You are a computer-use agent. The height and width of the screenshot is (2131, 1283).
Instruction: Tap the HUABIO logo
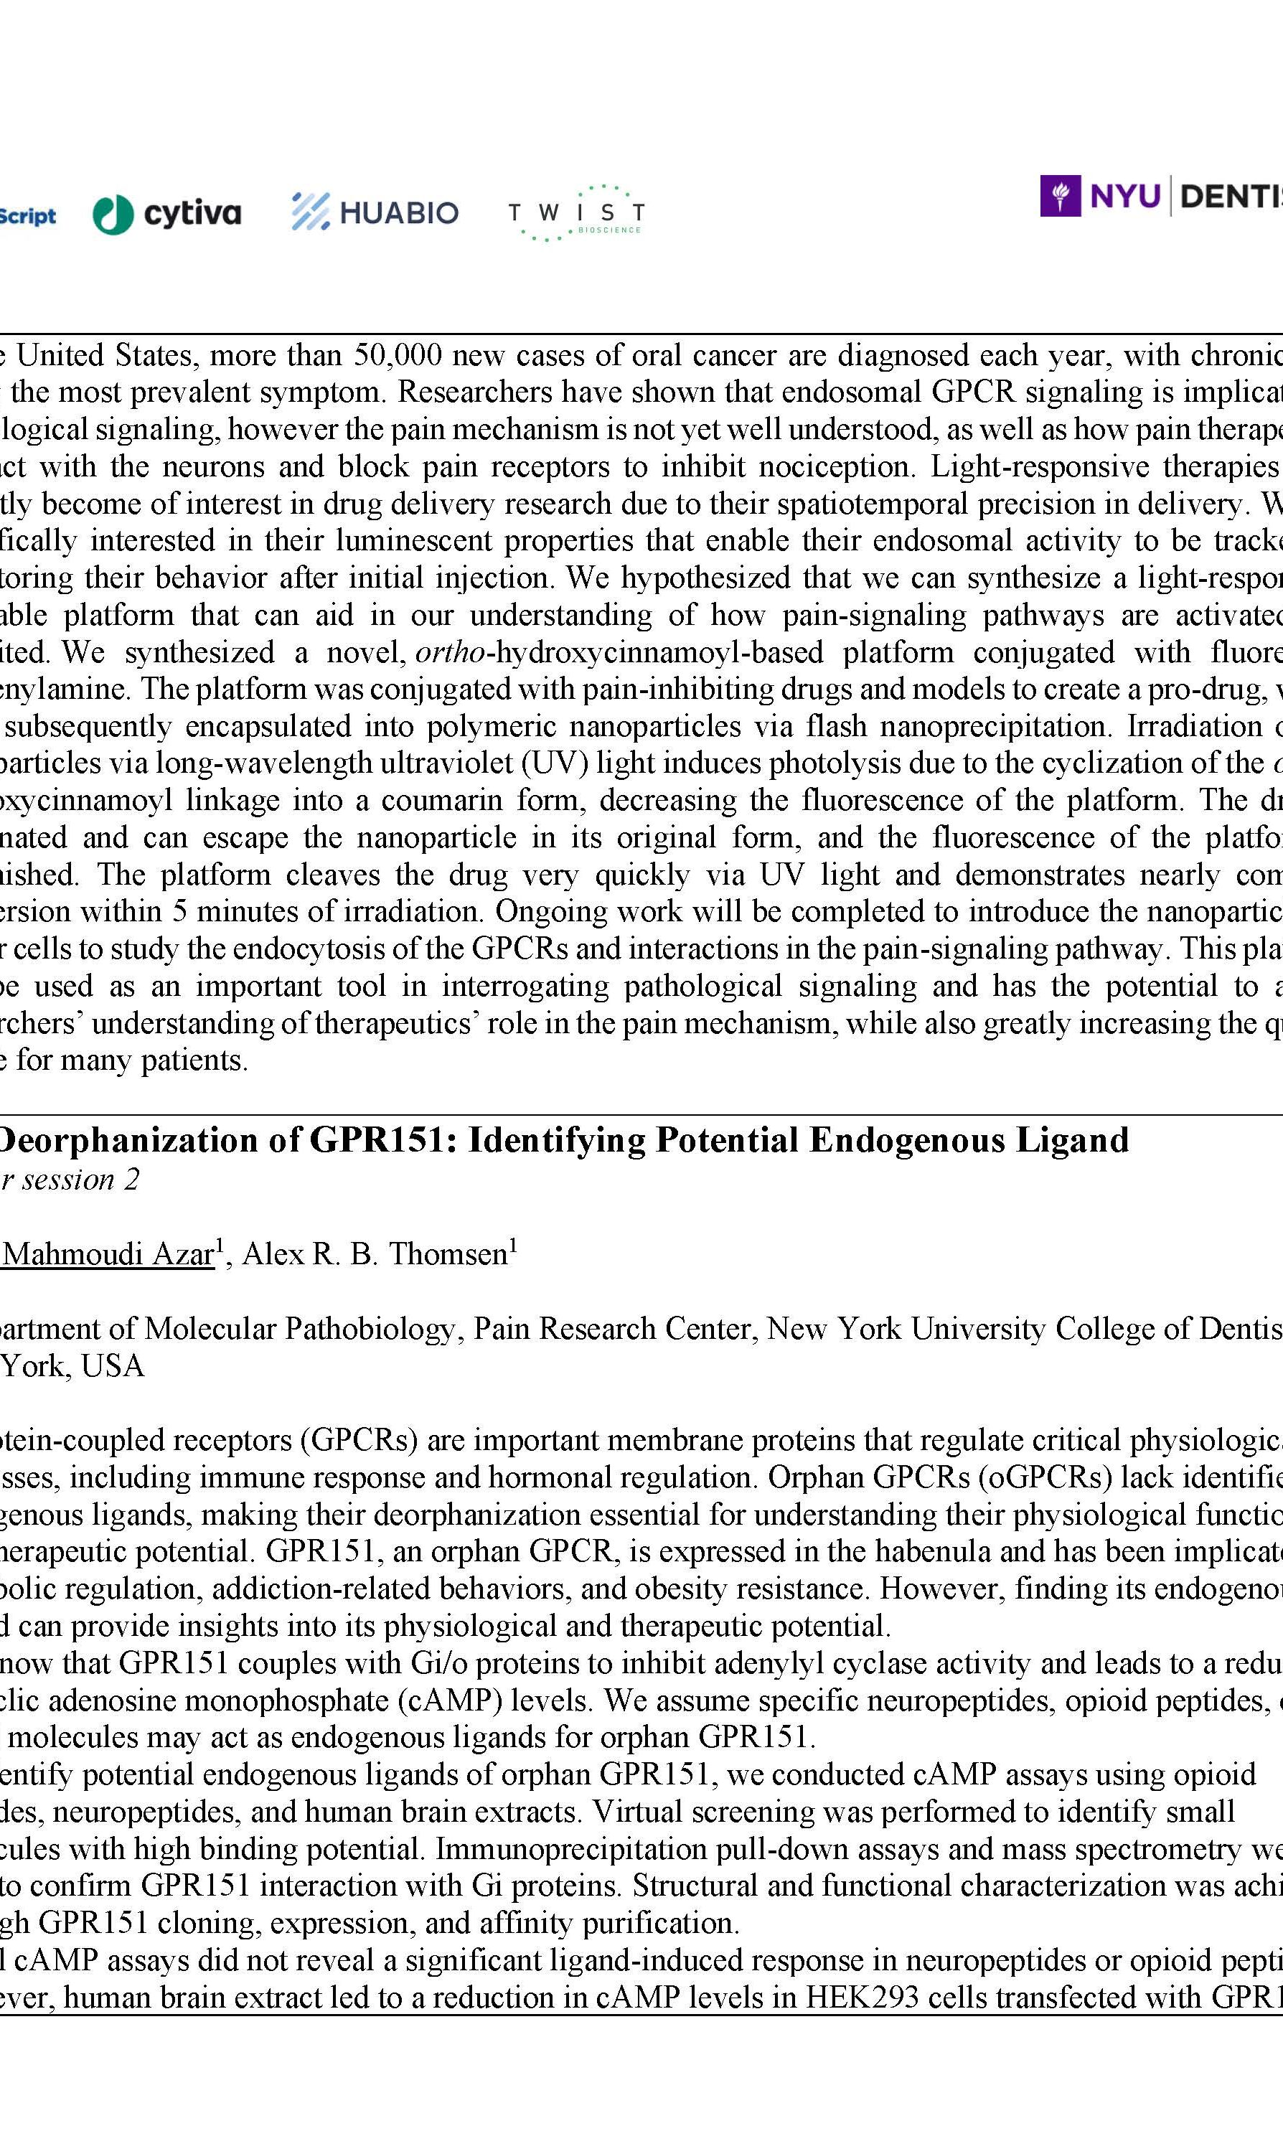coord(375,212)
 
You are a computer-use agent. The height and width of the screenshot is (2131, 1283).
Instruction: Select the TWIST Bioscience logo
coord(575,212)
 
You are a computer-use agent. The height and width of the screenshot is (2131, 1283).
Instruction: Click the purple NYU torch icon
coord(1060,197)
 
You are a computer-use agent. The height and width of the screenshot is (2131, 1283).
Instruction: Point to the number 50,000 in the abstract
coord(398,355)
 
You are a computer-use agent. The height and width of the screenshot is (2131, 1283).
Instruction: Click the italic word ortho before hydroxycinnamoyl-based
coord(450,651)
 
